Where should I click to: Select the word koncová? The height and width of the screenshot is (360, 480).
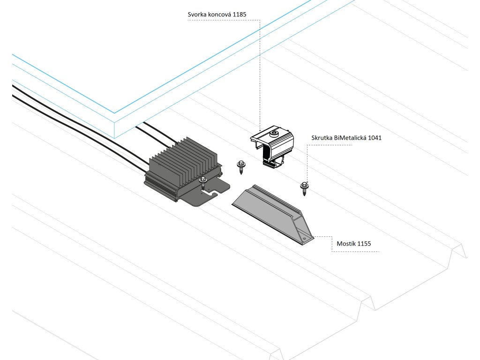click(219, 15)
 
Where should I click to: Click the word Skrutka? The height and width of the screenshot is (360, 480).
click(322, 138)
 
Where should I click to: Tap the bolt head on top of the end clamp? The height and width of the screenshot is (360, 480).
click(274, 134)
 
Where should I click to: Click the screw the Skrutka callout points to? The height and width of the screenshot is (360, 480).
click(304, 187)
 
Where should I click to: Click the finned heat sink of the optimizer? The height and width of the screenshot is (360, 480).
click(185, 162)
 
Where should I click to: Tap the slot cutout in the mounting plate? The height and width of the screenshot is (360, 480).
click(215, 192)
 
